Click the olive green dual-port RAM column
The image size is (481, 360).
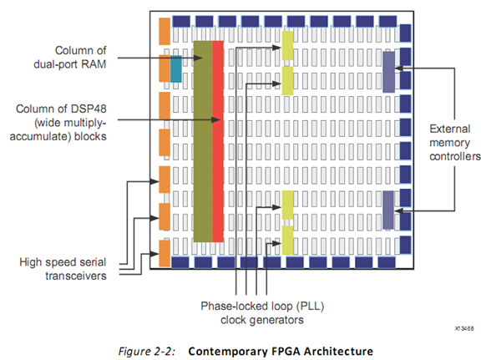[203, 141]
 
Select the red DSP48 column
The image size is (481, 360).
[218, 141]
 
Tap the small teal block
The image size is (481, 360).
[176, 68]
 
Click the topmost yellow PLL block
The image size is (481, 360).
[287, 45]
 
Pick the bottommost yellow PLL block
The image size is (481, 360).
[287, 240]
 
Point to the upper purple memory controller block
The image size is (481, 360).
[388, 72]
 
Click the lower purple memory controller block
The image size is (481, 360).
[388, 210]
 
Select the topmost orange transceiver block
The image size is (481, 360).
[165, 31]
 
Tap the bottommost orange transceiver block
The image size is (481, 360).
[165, 254]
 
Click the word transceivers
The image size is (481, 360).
[76, 276]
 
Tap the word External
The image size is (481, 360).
[450, 129]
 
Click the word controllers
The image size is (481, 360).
[455, 156]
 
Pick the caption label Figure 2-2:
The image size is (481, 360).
[147, 351]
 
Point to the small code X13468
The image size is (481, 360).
[464, 329]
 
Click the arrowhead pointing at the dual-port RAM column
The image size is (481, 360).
[198, 58]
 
